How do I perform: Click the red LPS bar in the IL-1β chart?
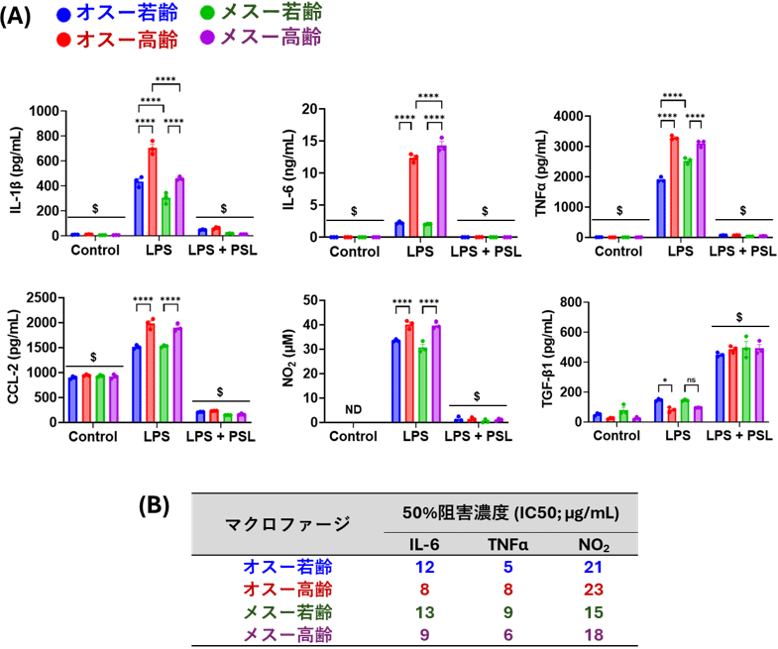tap(153, 192)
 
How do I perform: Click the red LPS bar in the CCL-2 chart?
tap(152, 373)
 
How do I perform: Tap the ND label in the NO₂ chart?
tap(355, 407)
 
